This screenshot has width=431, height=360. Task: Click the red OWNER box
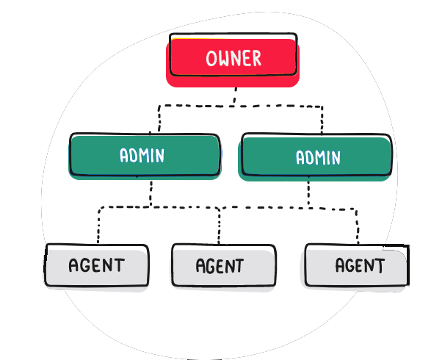pyautogui.click(x=233, y=60)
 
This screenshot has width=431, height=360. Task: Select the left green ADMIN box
pyautogui.click(x=145, y=156)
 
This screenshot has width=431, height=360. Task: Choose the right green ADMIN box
pyautogui.click(x=315, y=157)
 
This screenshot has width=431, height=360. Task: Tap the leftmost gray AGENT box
pyautogui.click(x=96, y=266)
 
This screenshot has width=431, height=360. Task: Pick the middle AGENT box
pyautogui.click(x=223, y=266)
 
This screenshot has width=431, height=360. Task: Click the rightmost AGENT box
pyautogui.click(x=356, y=266)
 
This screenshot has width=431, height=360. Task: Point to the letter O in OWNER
pyautogui.click(x=211, y=58)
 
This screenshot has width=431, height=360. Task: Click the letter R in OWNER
pyautogui.click(x=256, y=58)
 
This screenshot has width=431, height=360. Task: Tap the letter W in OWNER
pyautogui.click(x=224, y=58)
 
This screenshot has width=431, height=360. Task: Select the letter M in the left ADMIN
pyautogui.click(x=145, y=155)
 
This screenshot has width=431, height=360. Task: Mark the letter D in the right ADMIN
pyautogui.click(x=310, y=158)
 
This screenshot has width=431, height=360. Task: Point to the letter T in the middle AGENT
pyautogui.click(x=239, y=266)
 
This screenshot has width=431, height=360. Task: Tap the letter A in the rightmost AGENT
pyautogui.click(x=340, y=264)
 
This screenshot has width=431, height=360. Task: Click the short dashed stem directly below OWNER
pyautogui.click(x=235, y=96)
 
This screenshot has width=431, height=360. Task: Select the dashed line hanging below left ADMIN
pyautogui.click(x=151, y=192)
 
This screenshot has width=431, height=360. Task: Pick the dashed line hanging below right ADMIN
pyautogui.click(x=308, y=193)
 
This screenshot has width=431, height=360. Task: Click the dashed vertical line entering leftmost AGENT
pyautogui.click(x=98, y=226)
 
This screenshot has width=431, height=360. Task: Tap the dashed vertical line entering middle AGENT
pyautogui.click(x=219, y=226)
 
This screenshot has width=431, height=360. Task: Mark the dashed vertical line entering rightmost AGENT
pyautogui.click(x=358, y=226)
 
